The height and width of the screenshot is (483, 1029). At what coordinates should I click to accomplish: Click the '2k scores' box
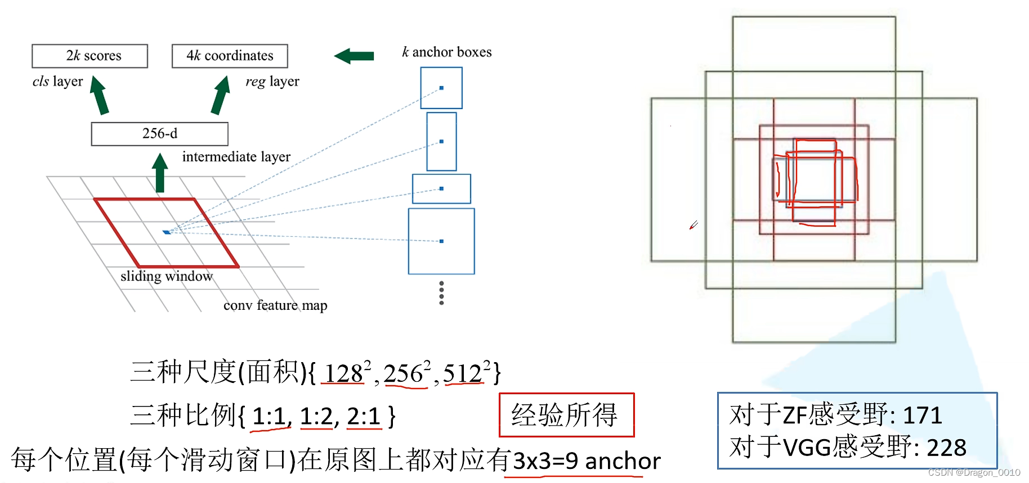(x=90, y=56)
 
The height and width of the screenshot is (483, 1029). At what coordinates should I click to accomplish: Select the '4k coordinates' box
(x=230, y=56)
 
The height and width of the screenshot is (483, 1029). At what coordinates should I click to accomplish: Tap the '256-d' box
(x=160, y=134)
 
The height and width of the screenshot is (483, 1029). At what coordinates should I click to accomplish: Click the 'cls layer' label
(x=57, y=82)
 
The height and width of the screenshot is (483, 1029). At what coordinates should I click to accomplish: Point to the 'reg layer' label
(x=272, y=82)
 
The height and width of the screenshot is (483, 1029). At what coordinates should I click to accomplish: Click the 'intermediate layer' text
(x=236, y=157)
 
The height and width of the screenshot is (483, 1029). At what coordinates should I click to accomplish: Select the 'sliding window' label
(x=167, y=276)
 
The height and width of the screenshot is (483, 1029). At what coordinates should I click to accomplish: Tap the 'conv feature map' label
(x=275, y=305)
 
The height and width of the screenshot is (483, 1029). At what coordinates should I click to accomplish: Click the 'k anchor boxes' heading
(x=447, y=52)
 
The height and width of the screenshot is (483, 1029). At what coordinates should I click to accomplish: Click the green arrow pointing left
(x=354, y=56)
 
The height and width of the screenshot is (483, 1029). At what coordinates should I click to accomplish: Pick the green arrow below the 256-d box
(x=160, y=173)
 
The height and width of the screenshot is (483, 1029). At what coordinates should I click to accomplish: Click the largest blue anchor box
(x=441, y=241)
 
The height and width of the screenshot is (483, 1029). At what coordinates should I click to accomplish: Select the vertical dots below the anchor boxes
(x=441, y=293)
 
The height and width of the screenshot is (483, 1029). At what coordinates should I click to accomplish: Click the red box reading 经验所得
(x=566, y=415)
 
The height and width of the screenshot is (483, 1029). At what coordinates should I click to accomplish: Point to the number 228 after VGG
(x=946, y=448)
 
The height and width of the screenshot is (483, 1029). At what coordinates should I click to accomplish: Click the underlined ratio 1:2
(x=317, y=417)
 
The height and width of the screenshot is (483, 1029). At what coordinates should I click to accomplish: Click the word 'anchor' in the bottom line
(x=623, y=461)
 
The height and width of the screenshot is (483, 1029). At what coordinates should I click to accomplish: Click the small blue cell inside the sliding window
(x=167, y=232)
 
